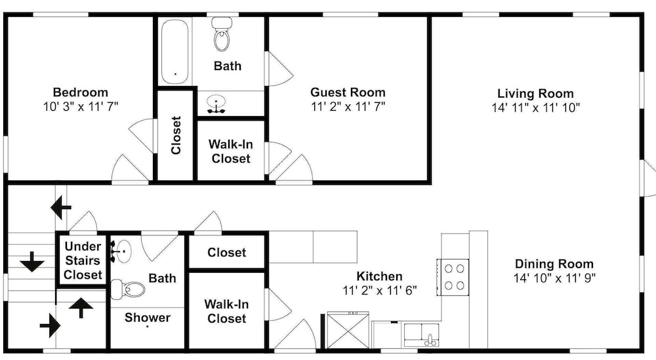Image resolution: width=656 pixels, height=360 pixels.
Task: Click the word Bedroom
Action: [80, 92]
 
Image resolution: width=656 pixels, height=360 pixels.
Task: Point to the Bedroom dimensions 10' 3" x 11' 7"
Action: [81, 107]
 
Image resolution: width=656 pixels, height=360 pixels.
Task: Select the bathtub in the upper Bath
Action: [174, 51]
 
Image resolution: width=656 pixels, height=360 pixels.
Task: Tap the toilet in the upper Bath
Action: [222, 34]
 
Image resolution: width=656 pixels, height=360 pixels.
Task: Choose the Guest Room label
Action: [348, 92]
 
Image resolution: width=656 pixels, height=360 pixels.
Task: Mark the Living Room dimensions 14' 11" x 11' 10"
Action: [535, 108]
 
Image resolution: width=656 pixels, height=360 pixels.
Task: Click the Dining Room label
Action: [554, 264]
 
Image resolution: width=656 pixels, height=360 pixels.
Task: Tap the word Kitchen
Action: [379, 276]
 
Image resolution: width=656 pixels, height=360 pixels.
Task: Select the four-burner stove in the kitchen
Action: [453, 277]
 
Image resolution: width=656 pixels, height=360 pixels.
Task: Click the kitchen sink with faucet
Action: [421, 334]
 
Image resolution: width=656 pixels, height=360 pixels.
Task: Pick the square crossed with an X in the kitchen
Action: [348, 330]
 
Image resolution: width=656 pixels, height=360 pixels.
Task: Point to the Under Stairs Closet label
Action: [83, 260]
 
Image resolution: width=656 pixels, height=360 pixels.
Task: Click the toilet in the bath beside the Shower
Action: [128, 289]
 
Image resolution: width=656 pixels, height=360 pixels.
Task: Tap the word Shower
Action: [147, 318]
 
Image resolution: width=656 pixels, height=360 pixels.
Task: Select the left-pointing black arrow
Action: [61, 207]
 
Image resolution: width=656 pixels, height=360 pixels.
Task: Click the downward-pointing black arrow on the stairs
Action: [32, 262]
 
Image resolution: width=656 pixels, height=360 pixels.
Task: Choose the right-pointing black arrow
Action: [51, 325]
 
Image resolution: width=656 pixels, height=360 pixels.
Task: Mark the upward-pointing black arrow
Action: [81, 308]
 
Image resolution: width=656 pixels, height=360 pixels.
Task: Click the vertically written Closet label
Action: [176, 135]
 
